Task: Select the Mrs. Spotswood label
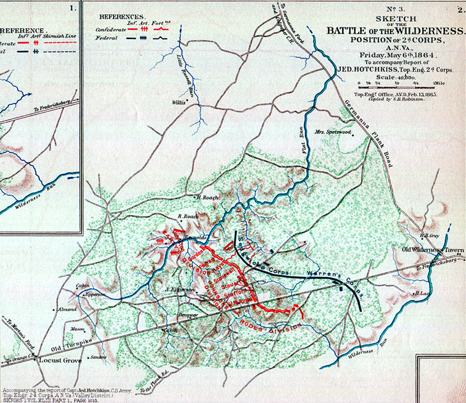(x=333, y=132)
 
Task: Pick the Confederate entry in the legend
(x=110, y=30)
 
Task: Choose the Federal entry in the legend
(x=105, y=40)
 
